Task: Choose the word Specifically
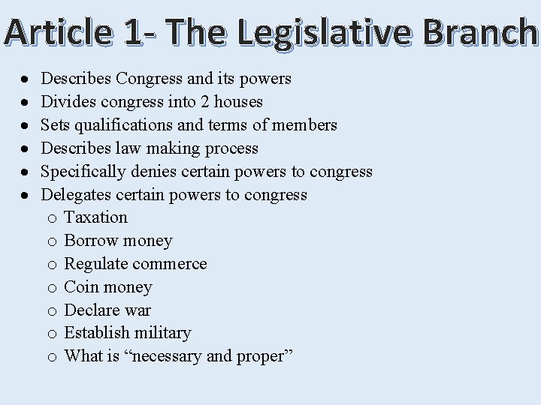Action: click(x=83, y=171)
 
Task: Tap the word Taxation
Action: click(x=96, y=217)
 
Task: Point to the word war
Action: click(x=138, y=310)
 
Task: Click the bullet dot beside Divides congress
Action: click(x=26, y=102)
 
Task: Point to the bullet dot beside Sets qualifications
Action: click(x=26, y=125)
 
